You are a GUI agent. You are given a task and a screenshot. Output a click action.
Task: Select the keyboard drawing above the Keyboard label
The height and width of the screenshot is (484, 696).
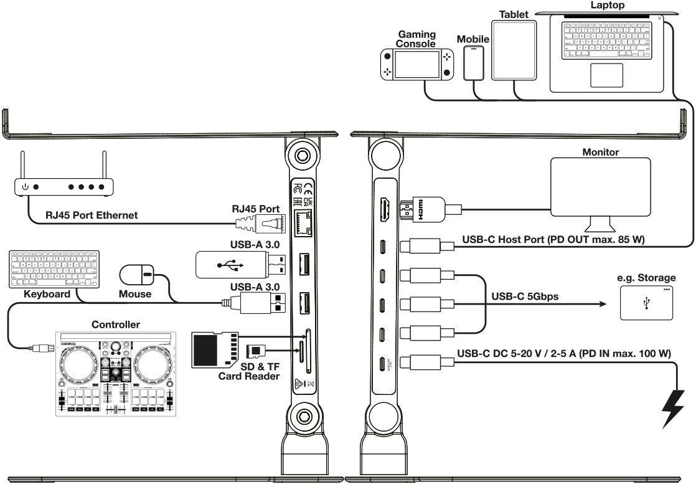[x=42, y=268]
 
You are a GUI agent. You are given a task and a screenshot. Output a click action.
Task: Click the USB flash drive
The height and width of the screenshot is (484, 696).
[x=230, y=265]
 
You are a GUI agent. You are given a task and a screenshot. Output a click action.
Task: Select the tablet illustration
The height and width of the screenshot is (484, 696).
[x=514, y=52]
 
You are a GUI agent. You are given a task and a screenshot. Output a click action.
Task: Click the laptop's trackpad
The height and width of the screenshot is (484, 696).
[x=606, y=75]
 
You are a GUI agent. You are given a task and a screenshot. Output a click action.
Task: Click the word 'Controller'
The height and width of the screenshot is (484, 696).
[x=116, y=325]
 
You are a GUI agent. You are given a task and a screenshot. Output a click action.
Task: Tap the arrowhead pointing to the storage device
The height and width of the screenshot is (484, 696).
[x=601, y=305]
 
